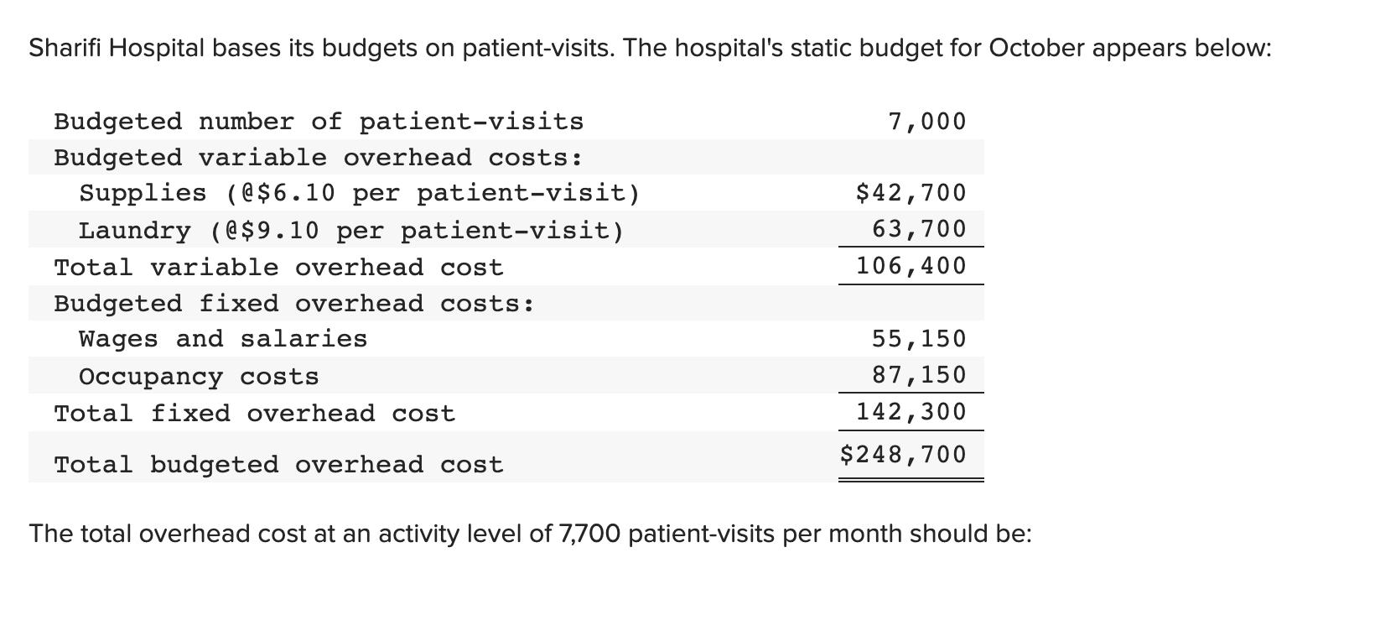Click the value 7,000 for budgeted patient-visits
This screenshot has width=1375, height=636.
(x=926, y=122)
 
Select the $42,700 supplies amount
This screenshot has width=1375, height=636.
(x=911, y=193)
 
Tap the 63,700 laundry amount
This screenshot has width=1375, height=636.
(x=919, y=228)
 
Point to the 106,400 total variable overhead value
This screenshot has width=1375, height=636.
(x=911, y=266)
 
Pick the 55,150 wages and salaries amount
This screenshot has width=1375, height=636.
(x=919, y=339)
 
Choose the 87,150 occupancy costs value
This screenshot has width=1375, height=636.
(x=919, y=374)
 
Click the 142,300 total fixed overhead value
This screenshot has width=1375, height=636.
(x=911, y=412)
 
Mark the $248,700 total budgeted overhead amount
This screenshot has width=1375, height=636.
(x=903, y=455)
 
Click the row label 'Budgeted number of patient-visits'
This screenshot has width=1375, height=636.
(x=319, y=122)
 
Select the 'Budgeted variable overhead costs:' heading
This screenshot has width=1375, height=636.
(x=319, y=158)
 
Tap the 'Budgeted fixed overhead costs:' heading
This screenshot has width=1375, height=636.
(x=294, y=303)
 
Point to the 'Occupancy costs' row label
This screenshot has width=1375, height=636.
(x=199, y=377)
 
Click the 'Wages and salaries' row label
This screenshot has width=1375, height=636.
(x=223, y=339)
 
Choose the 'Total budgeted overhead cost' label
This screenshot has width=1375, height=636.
(x=278, y=465)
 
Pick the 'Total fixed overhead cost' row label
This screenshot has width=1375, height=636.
(x=254, y=414)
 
